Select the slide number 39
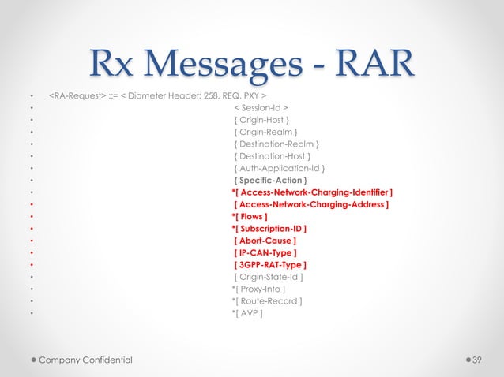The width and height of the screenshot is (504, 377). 476,360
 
